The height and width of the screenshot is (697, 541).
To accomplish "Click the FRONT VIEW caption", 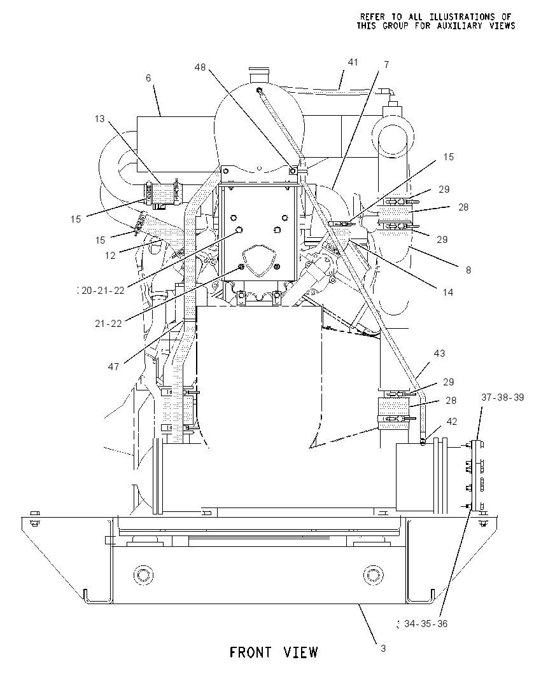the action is [x=274, y=652].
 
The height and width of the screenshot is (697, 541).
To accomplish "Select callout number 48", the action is [x=200, y=67].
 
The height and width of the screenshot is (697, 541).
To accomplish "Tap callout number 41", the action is [x=353, y=62].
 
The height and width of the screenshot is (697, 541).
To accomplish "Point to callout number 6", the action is [x=148, y=78].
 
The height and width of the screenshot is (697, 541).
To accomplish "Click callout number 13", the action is [x=100, y=119].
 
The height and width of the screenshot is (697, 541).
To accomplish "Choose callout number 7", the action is [x=386, y=65].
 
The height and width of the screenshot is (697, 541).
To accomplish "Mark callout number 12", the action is [x=110, y=255].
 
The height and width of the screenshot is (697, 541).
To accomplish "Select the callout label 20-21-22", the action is [x=102, y=290].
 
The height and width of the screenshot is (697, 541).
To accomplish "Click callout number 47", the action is [x=113, y=366].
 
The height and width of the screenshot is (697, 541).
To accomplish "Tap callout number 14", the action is [x=447, y=292].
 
